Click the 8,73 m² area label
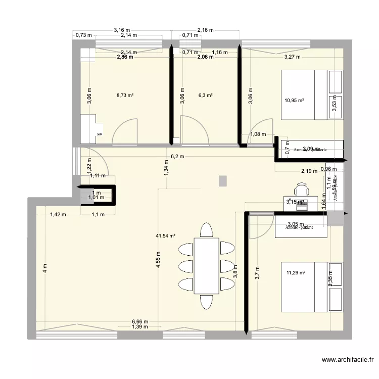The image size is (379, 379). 125,94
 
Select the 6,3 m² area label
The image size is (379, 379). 206,94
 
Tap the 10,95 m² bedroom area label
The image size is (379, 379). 294,101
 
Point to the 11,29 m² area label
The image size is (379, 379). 296,273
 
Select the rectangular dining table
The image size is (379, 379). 207,266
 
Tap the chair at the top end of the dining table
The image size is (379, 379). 207,230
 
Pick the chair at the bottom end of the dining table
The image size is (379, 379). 207,301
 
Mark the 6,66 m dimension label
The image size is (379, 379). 140,321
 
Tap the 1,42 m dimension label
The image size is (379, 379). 58,215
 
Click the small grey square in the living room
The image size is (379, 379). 222,180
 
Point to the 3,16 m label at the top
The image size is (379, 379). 122,30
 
